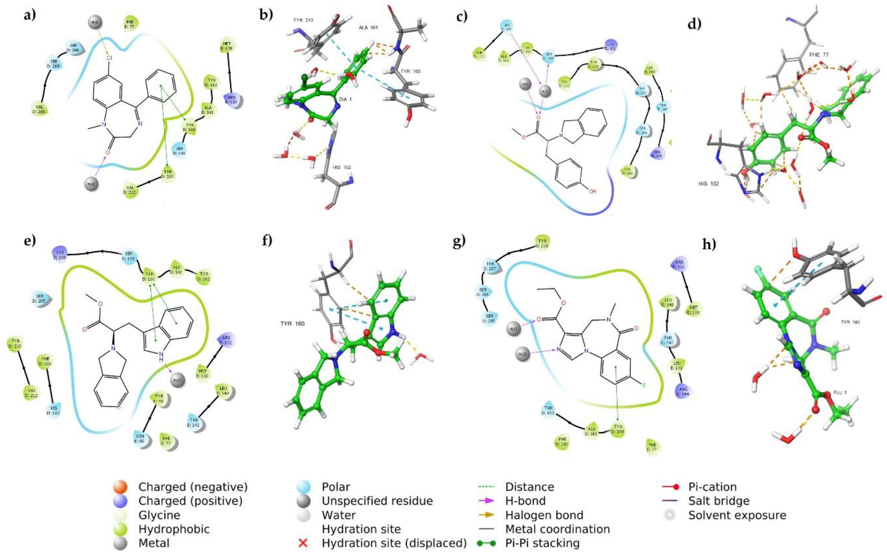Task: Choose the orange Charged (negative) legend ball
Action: coord(121,487)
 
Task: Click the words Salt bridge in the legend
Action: coord(719,501)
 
